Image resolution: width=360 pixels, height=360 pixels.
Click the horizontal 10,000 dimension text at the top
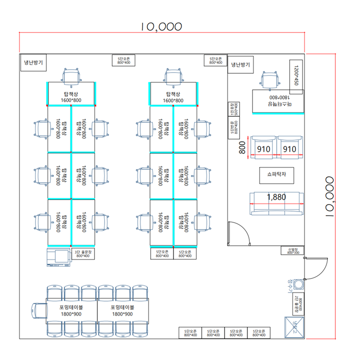161,26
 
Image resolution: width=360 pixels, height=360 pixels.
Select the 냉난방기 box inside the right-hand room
240,65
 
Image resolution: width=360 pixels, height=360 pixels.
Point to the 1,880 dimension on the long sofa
276,197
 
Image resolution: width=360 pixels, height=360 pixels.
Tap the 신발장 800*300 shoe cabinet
293,251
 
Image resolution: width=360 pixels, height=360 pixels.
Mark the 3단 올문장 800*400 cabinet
83,254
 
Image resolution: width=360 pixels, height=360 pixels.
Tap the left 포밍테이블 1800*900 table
72,310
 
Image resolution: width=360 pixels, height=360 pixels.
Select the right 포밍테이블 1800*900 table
122,310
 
